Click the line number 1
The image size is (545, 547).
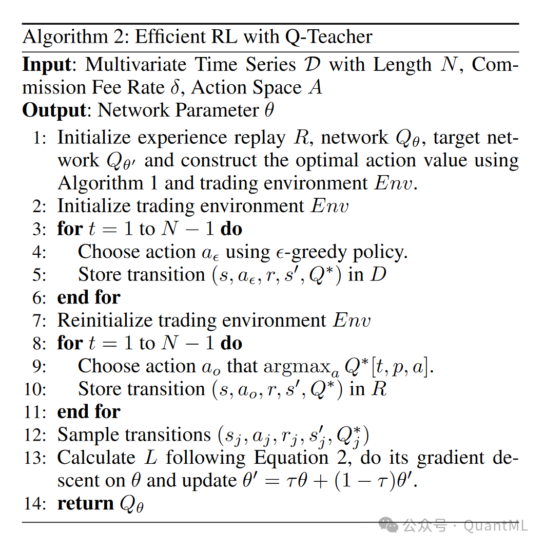41,138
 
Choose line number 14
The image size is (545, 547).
35,504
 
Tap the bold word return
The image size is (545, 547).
86,504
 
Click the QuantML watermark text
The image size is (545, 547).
495,525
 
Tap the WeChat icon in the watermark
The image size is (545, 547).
388,525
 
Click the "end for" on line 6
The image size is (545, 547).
89,298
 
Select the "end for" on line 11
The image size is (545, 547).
89,412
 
